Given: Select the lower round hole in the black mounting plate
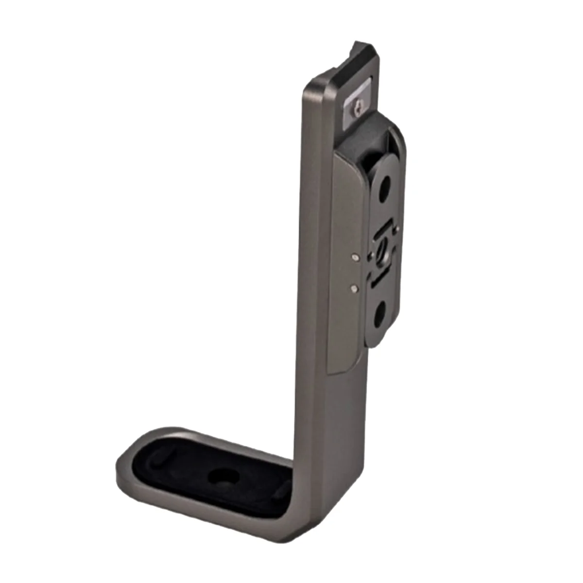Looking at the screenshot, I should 379,314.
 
